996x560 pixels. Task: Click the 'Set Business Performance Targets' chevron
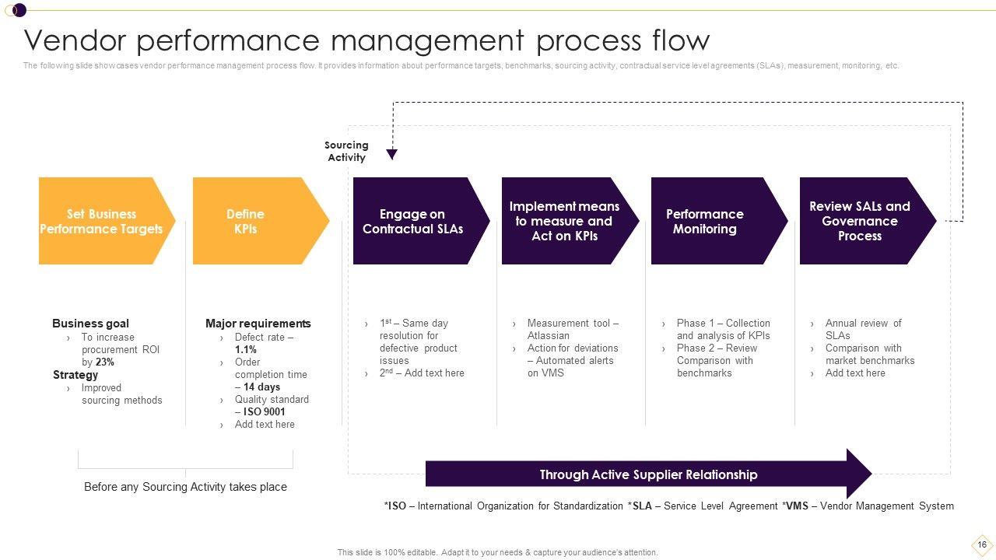tap(101, 221)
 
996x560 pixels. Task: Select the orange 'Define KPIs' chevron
tap(246, 221)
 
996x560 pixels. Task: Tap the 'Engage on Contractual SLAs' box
tap(412, 221)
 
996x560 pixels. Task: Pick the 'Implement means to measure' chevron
tap(564, 221)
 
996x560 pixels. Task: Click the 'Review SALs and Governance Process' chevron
tap(860, 221)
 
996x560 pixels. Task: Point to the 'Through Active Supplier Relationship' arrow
tap(648, 474)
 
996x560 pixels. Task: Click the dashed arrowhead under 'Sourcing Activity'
tap(392, 154)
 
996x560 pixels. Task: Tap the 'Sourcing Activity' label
tap(346, 151)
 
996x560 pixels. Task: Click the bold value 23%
tap(105, 362)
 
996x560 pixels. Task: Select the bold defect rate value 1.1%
tap(246, 350)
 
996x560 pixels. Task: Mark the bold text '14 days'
tap(261, 387)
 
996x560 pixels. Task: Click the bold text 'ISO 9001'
tap(264, 412)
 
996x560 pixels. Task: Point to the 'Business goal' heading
tap(90, 324)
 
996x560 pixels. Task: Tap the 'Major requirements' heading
tap(258, 324)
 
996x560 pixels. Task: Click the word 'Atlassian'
tap(548, 336)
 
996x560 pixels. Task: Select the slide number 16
tap(982, 544)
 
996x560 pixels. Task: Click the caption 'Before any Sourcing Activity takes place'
tap(185, 487)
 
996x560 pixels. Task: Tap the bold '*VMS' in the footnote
tap(795, 506)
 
